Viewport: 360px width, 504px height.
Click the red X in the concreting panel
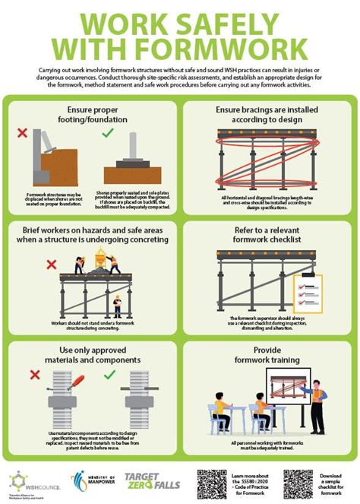[52, 264]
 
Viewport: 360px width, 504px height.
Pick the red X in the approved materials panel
[33, 376]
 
